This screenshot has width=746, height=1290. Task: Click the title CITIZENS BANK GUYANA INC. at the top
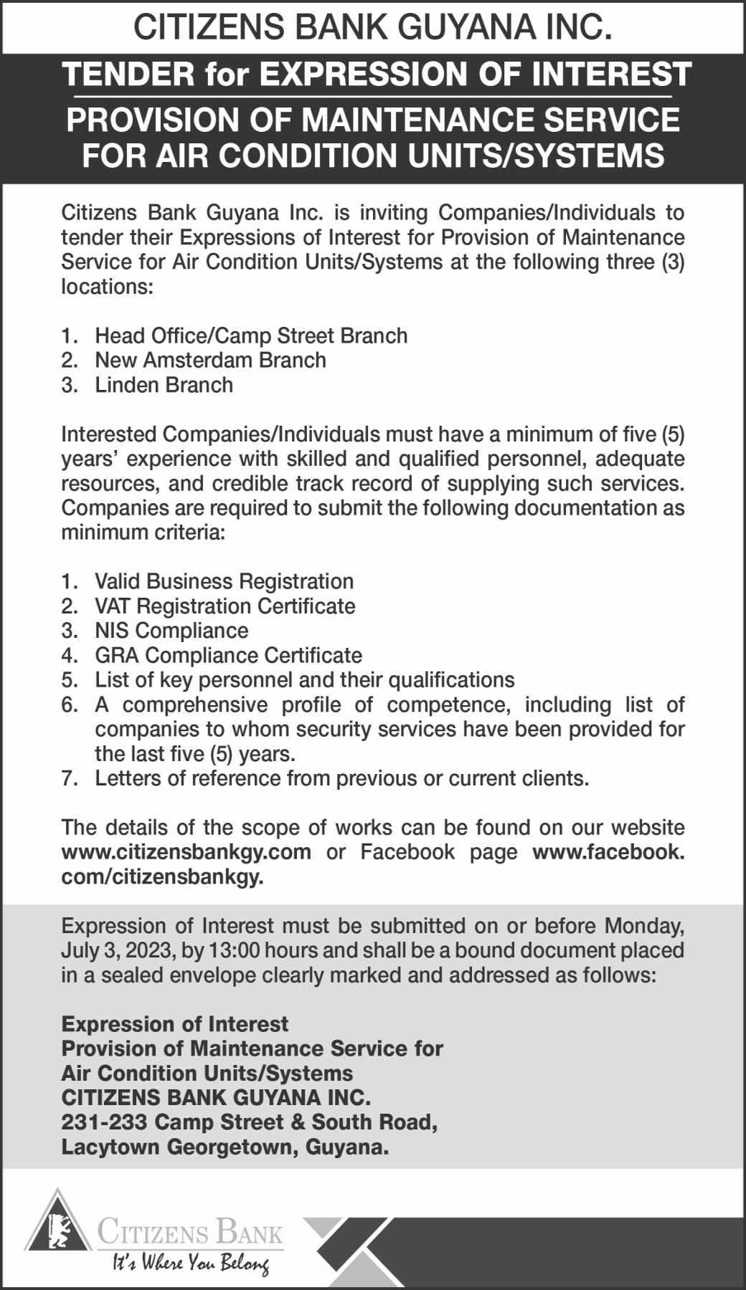(x=373, y=28)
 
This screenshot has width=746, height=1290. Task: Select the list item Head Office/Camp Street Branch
(x=251, y=335)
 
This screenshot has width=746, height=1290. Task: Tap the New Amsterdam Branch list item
(x=210, y=360)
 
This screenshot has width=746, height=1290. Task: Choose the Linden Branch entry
(x=164, y=385)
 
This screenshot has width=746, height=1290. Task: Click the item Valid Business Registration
(x=224, y=581)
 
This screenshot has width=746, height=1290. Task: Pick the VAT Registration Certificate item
(x=225, y=606)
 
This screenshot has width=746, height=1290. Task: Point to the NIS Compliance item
(x=171, y=631)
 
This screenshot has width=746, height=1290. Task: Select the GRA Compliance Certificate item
(x=228, y=655)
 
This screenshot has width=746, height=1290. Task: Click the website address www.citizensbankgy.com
(x=186, y=852)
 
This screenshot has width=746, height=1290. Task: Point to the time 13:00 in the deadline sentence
(x=230, y=951)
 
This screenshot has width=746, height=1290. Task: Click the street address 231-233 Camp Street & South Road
(x=250, y=1122)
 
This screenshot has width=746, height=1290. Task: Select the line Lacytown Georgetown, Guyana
(x=225, y=1147)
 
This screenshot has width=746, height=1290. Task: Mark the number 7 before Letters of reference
(x=68, y=778)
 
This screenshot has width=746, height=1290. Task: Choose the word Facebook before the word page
(x=407, y=852)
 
